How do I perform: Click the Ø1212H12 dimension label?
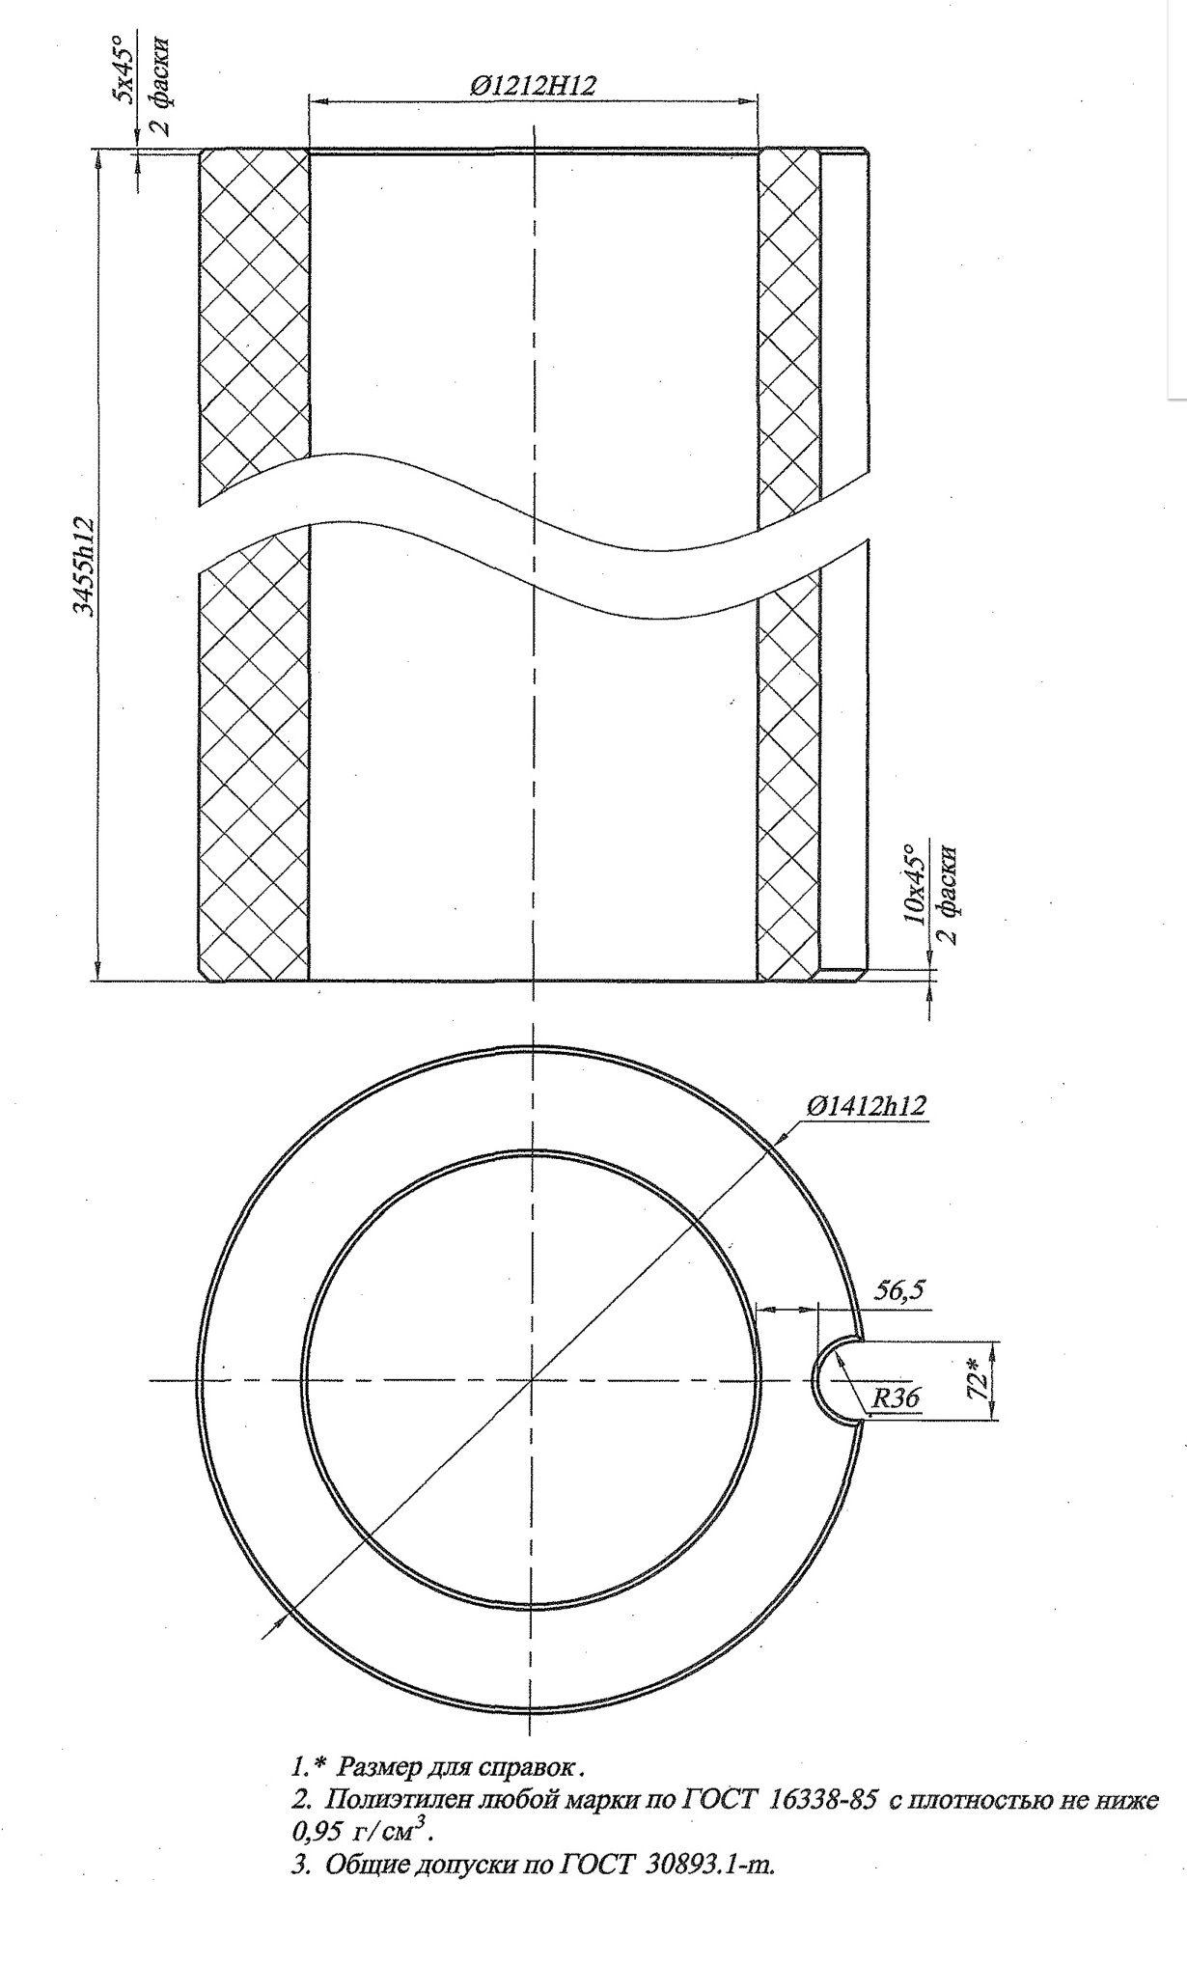533,85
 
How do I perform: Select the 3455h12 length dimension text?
86,566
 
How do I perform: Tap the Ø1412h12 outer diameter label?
867,1106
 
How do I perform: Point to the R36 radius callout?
897,1397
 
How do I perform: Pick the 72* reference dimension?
979,1380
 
